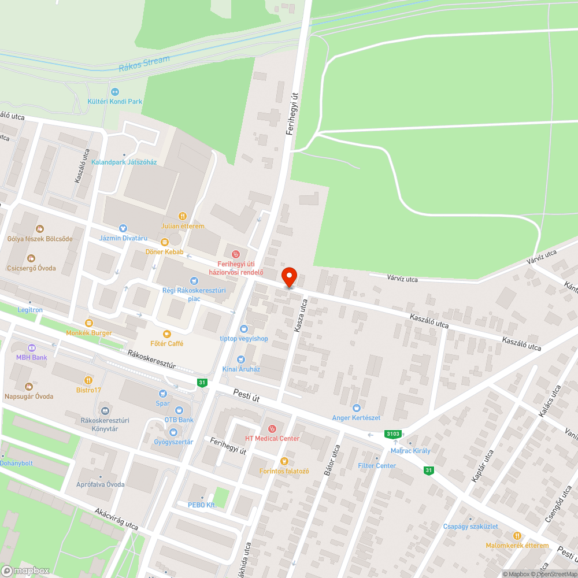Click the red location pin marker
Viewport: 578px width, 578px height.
[288, 277]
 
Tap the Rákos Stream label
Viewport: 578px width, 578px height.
[144, 64]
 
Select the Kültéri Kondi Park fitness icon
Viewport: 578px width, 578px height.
[115, 91]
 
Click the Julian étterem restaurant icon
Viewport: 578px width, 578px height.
[183, 216]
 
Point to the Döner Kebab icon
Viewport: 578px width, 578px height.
[165, 242]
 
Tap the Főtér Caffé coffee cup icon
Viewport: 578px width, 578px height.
[167, 334]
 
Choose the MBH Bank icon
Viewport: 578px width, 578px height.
[32, 347]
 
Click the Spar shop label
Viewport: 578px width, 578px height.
[163, 403]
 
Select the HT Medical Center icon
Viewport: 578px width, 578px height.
[272, 428]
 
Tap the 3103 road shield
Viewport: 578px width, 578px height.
[393, 434]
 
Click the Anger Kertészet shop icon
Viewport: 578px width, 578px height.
[356, 407]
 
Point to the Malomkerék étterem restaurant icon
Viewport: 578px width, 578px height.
[517, 535]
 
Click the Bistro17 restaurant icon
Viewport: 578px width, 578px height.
[88, 380]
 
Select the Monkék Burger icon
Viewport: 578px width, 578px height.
[88, 323]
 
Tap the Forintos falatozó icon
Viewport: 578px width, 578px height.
[284, 461]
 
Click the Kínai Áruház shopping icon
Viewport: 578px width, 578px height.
[241, 360]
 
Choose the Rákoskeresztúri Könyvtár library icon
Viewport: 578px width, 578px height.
[103, 411]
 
